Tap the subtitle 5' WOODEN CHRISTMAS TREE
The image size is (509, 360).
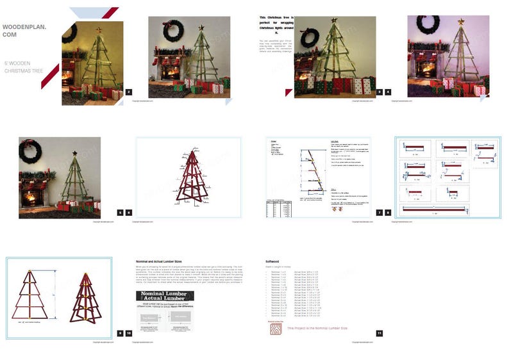pos(24,67)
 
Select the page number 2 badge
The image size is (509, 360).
pos(129,92)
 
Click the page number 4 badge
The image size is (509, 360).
pos(388,92)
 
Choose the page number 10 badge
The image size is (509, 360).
pos(129,333)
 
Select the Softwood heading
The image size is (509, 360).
pos(272,261)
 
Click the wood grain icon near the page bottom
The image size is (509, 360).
pos(275,329)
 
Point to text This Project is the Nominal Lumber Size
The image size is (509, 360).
pos(317,328)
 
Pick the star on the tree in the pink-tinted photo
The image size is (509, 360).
pos(460,21)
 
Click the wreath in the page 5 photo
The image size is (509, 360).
pos(29,151)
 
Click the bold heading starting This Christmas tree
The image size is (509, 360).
pos(277,25)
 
